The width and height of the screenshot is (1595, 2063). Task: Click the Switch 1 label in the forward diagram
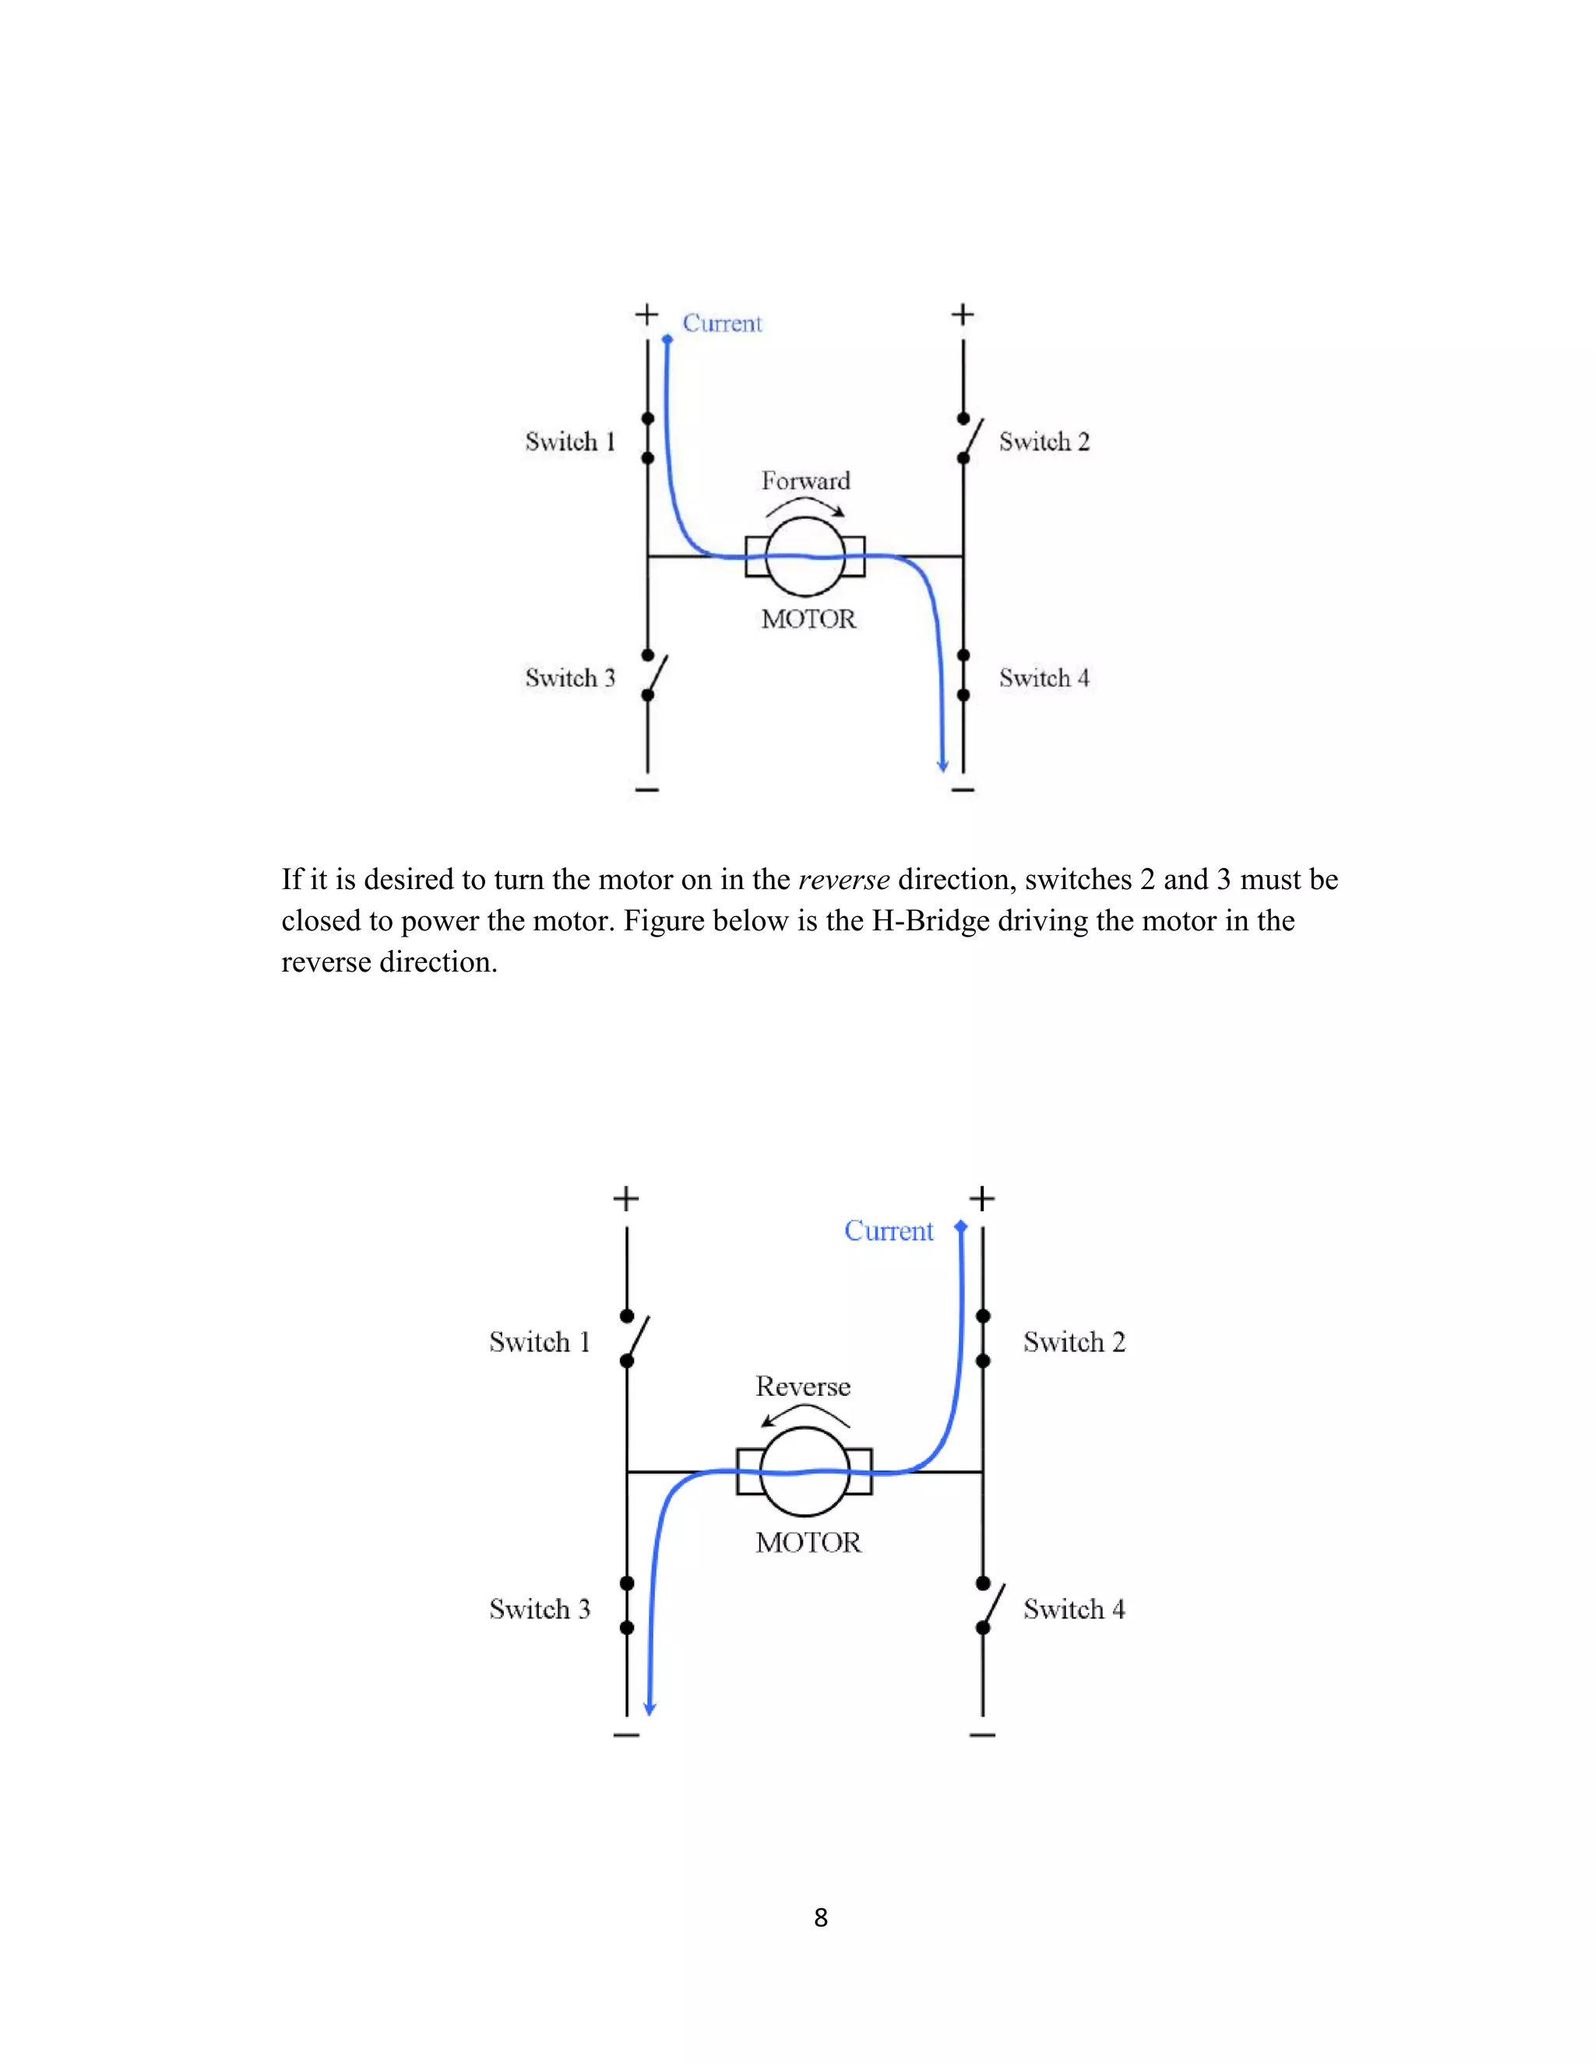click(570, 441)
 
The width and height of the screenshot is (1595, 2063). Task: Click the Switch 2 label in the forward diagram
click(1044, 441)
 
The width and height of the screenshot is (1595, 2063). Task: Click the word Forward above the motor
click(805, 481)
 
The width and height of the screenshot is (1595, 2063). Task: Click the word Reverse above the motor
click(803, 1386)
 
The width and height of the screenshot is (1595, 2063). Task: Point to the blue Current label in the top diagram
click(722, 323)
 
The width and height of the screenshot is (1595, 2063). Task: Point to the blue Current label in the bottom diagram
click(888, 1231)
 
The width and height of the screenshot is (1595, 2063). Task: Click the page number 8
click(820, 1917)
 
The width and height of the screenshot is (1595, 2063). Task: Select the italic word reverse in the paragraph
click(843, 880)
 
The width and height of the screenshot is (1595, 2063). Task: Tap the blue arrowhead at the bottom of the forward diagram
click(942, 764)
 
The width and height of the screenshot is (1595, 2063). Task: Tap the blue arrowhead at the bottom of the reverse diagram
click(650, 1708)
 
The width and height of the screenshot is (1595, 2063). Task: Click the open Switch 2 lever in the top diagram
click(974, 438)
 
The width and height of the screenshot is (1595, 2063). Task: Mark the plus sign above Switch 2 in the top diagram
click(962, 314)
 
